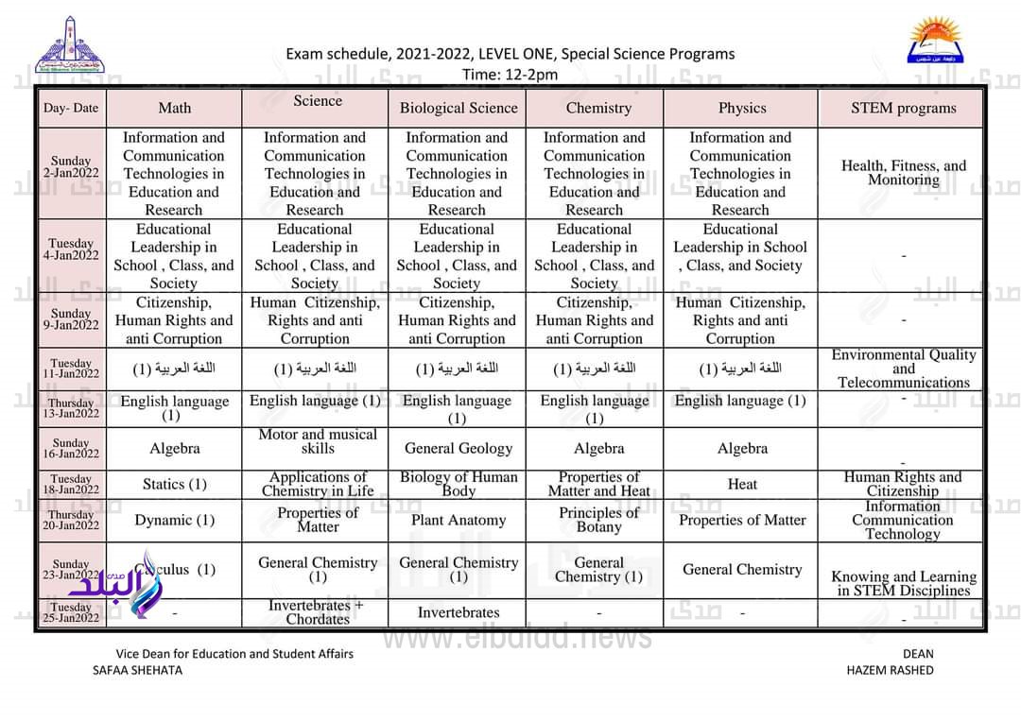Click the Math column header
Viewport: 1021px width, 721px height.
tap(174, 108)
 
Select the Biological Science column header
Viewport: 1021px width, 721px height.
tap(459, 108)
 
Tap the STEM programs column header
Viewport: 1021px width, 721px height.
tap(903, 108)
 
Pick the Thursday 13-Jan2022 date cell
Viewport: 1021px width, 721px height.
tap(72, 408)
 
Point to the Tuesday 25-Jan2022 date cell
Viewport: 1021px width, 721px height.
tap(72, 612)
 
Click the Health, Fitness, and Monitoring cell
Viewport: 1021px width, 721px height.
tap(903, 173)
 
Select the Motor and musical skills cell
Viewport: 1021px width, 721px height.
tap(317, 441)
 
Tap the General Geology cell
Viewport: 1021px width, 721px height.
tap(459, 449)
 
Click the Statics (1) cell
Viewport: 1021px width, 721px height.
tap(174, 484)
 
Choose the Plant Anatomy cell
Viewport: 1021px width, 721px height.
tap(459, 520)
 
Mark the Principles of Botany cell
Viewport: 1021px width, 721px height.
tap(598, 520)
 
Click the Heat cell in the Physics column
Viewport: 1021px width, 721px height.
tap(742, 484)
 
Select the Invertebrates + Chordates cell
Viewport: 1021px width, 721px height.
tap(317, 612)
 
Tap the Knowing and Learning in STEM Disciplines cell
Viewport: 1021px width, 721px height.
tap(903, 583)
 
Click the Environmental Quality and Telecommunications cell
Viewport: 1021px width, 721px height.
tap(903, 369)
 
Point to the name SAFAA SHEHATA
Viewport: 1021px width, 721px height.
tap(137, 670)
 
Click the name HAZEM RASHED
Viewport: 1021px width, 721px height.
tap(890, 670)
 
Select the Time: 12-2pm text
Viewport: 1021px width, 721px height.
tap(510, 74)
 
